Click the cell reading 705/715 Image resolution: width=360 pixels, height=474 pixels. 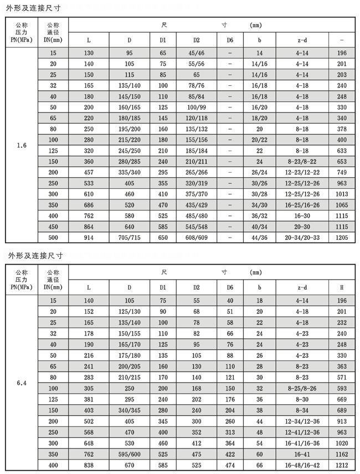[x=130, y=236]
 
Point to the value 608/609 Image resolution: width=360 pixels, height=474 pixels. [x=196, y=236]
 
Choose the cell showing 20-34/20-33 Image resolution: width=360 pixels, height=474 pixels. [x=302, y=236]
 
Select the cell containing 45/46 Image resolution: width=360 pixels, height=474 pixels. [x=196, y=53]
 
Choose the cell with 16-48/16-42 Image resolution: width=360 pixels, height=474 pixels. [x=302, y=466]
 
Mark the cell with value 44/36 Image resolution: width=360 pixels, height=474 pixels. [x=259, y=236]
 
